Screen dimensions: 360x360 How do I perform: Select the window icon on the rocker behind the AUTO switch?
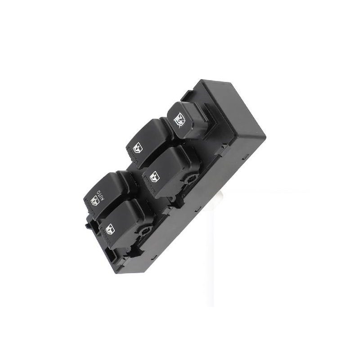tap(138, 148)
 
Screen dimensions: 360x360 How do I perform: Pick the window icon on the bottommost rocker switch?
tap(109, 229)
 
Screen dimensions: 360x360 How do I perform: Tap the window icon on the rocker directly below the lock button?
tap(154, 177)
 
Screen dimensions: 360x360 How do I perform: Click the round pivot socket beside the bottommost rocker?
tap(145, 231)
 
